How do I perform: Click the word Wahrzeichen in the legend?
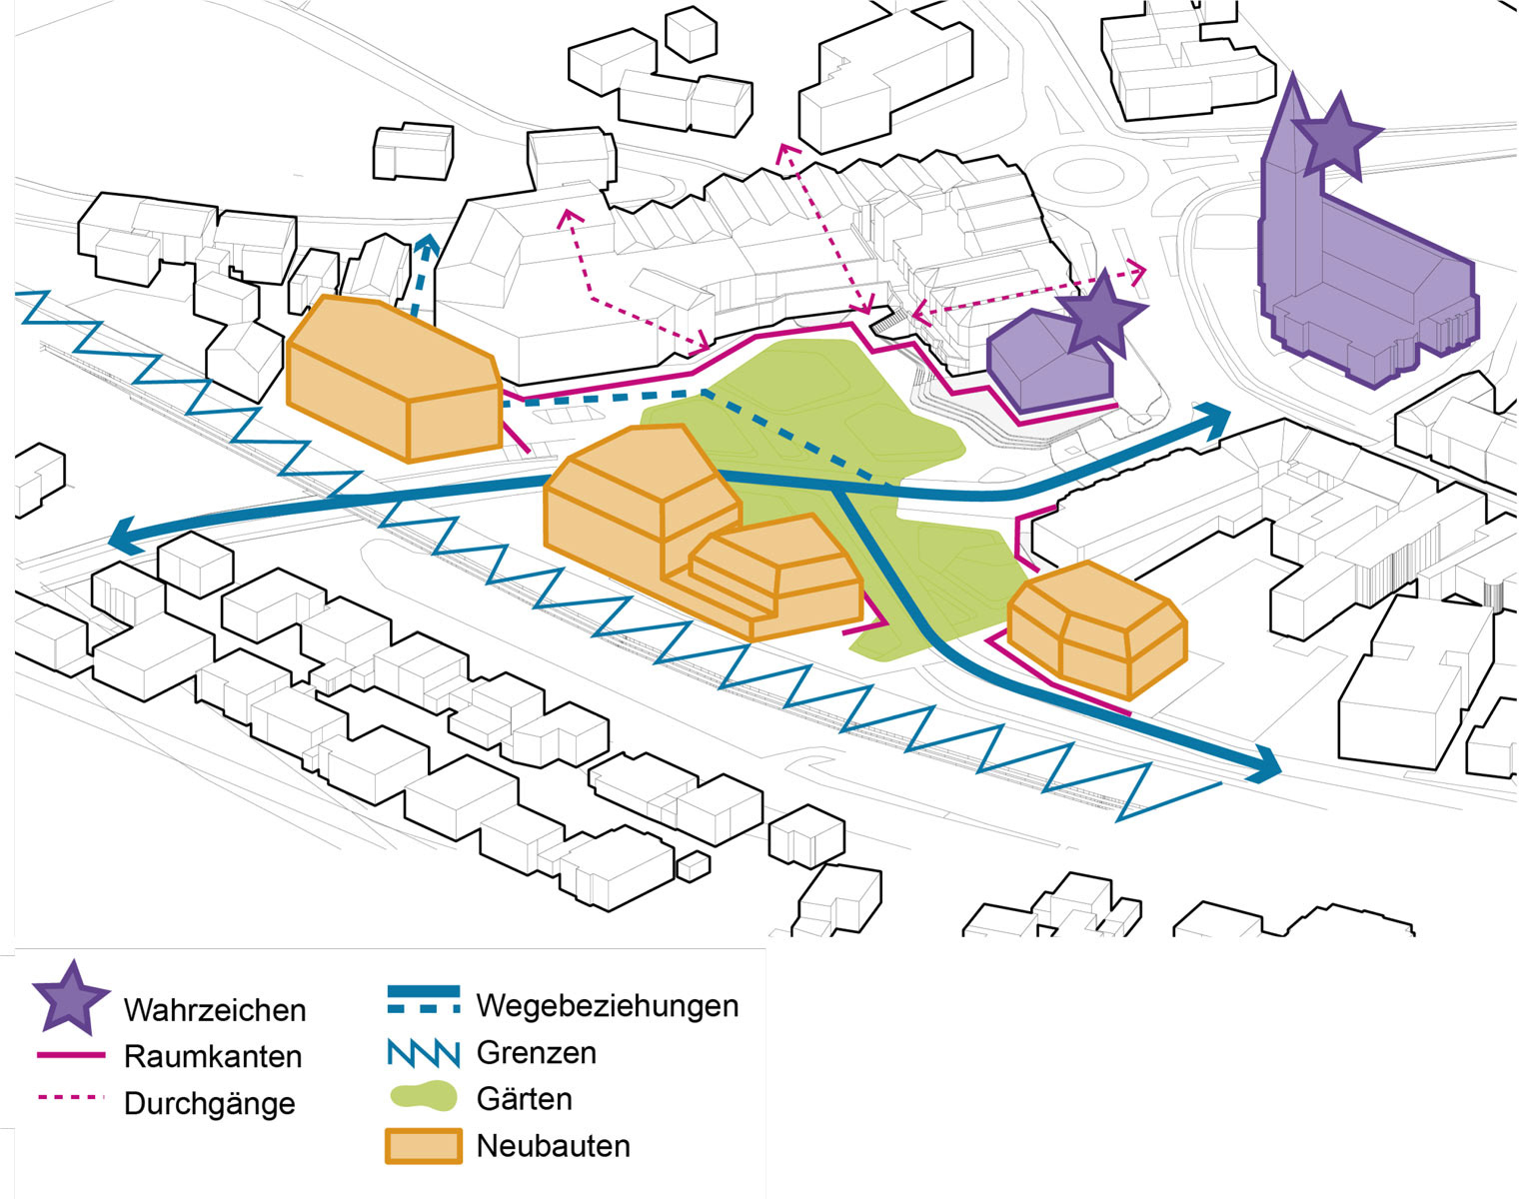click(214, 1009)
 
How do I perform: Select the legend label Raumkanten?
click(212, 1056)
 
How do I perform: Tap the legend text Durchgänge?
click(209, 1103)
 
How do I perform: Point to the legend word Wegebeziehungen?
click(607, 1005)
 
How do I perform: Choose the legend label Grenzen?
click(536, 1052)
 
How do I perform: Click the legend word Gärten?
click(524, 1099)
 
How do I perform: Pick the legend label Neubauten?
click(553, 1145)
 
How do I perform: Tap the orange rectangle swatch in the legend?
click(424, 1146)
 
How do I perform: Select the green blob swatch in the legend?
click(423, 1098)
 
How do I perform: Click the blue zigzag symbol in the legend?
click(423, 1053)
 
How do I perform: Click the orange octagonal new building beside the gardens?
click(1096, 628)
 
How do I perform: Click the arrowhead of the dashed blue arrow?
click(427, 246)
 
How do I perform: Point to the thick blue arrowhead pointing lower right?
click(1263, 765)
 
